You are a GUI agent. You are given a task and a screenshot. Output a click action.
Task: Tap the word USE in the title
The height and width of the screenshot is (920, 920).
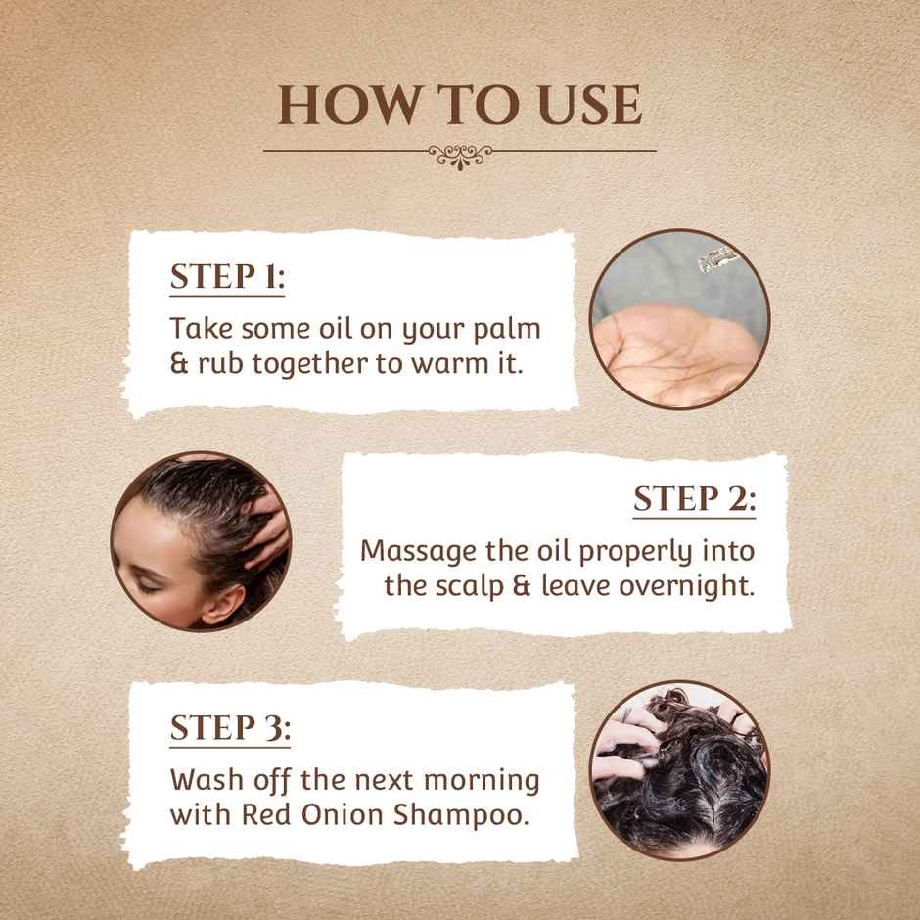tap(590, 105)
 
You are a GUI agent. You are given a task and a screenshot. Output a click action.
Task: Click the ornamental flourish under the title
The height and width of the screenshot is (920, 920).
tap(460, 156)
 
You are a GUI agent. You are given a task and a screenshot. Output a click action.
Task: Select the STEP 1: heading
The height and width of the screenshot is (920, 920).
tap(228, 276)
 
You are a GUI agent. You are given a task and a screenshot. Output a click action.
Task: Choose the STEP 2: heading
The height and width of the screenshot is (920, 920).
tap(695, 499)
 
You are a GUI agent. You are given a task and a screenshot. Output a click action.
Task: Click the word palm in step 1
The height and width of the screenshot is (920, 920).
tap(507, 330)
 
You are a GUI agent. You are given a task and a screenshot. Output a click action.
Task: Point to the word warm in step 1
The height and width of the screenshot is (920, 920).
tap(450, 364)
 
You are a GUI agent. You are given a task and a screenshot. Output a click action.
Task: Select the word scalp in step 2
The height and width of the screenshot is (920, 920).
tap(469, 586)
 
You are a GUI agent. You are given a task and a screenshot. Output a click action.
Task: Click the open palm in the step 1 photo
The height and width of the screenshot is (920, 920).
tap(674, 356)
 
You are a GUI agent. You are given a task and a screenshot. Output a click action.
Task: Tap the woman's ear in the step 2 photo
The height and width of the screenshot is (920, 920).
tap(224, 604)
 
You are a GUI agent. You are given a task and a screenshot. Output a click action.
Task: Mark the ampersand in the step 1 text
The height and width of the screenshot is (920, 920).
tap(179, 364)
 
